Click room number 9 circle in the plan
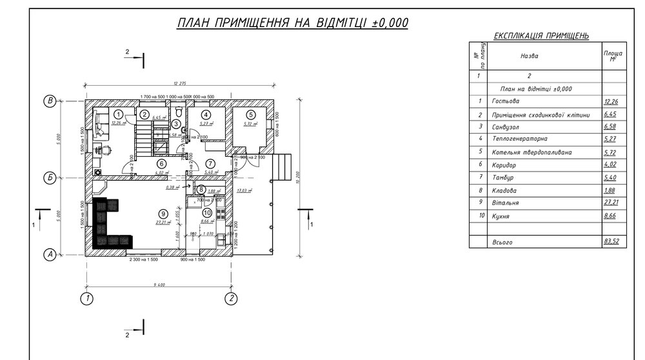tap(164, 214)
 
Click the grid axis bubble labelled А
tap(48, 255)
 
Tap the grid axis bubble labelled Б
tap(48, 177)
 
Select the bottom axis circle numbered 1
tap(85, 298)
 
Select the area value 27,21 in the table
tap(610, 203)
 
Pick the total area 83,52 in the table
tap(610, 243)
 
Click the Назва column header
tap(529, 56)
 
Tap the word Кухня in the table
tap(501, 217)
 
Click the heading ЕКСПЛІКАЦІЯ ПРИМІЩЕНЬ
tap(541, 36)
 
